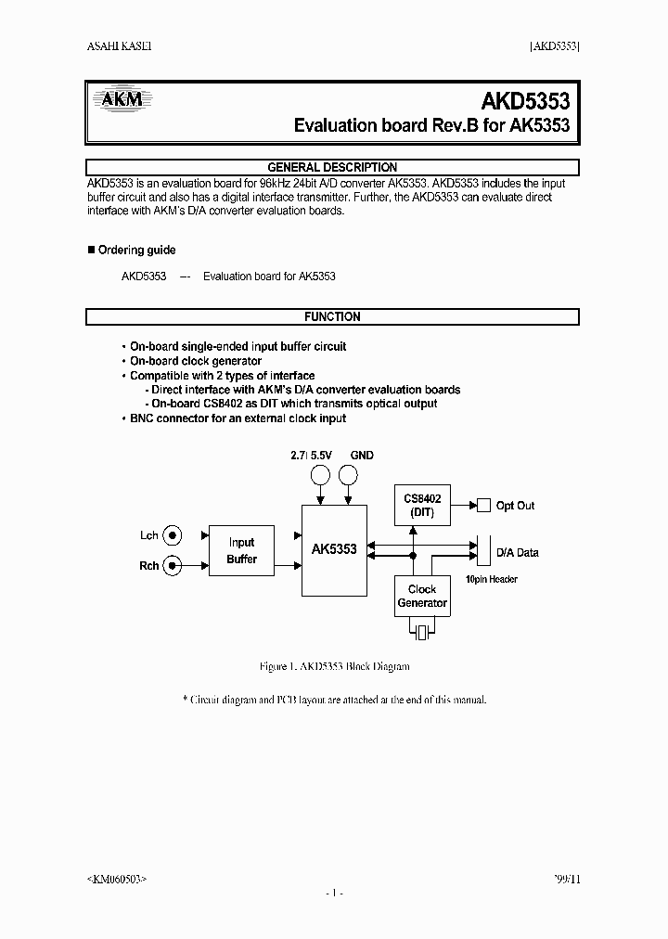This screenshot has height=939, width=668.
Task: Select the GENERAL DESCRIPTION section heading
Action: click(332, 168)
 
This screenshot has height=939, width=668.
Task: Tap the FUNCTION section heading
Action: click(332, 317)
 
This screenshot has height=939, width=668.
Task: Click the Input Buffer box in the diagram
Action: click(241, 551)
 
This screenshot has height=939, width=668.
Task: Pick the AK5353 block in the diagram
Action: click(333, 550)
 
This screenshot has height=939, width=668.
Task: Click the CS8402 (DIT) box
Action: click(422, 506)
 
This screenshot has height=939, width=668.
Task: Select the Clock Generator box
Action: click(422, 597)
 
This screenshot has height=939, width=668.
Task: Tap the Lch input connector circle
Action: click(173, 535)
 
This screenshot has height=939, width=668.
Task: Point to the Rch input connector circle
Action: click(173, 565)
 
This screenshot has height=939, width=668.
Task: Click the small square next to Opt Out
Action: click(483, 506)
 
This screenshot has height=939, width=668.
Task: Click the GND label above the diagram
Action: click(362, 456)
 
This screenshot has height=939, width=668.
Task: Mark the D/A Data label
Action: click(517, 553)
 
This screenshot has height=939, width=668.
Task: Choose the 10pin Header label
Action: click(491, 580)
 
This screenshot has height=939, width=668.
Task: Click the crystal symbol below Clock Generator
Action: click(422, 633)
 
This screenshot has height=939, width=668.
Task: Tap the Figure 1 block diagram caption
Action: click(333, 667)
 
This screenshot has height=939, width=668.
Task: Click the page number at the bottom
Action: click(334, 893)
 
